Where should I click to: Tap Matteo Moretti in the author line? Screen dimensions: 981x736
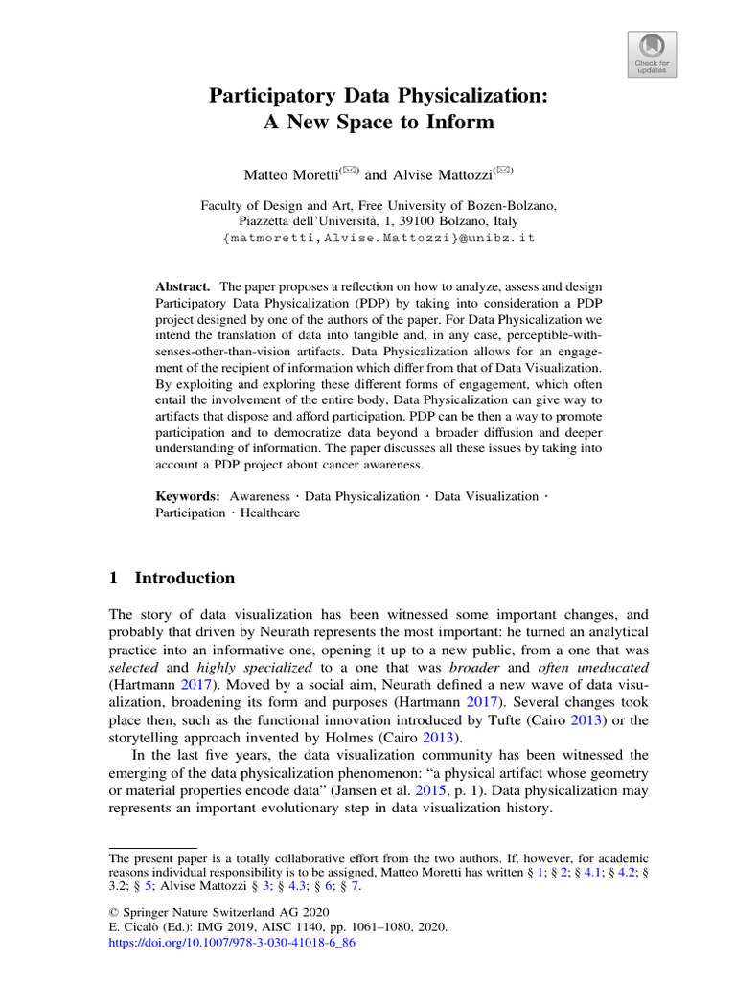(x=286, y=175)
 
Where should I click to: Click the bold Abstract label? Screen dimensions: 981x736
(x=182, y=287)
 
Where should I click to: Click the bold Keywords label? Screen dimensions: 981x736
(x=188, y=496)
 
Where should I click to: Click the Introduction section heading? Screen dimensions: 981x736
(x=184, y=579)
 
